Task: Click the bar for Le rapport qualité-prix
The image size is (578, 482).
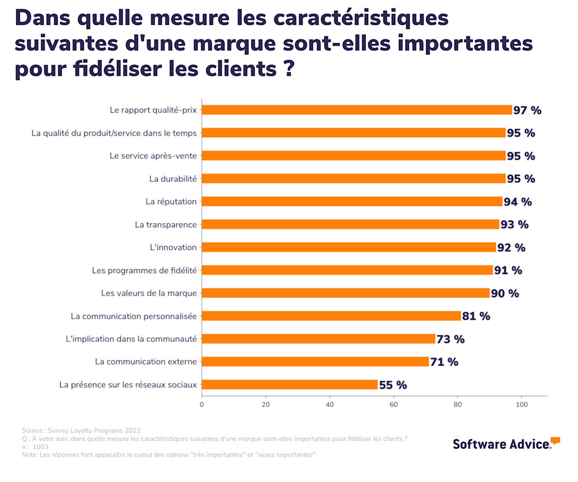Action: point(357,110)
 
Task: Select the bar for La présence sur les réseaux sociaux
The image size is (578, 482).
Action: point(290,385)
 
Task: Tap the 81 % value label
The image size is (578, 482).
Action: point(476,316)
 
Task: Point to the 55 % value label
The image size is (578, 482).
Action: point(393,385)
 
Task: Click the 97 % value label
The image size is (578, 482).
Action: point(527,110)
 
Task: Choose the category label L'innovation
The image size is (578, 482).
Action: point(173,247)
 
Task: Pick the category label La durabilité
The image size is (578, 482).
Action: point(173,179)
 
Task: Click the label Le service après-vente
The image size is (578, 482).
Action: point(153,156)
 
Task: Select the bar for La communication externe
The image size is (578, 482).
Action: point(315,362)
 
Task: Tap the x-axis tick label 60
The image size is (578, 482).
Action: point(394,405)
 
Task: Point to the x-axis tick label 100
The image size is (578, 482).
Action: point(521,405)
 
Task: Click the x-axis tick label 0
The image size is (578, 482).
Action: point(202,405)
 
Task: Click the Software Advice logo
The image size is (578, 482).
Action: point(506,443)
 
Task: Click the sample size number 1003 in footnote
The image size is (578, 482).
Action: point(40,447)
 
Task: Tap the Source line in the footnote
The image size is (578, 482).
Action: point(81,431)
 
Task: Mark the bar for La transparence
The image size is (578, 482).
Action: point(350,225)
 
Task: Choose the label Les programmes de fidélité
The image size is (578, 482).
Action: point(144,270)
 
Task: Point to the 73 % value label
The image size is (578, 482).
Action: point(450,339)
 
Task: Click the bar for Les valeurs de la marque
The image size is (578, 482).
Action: point(346,293)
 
